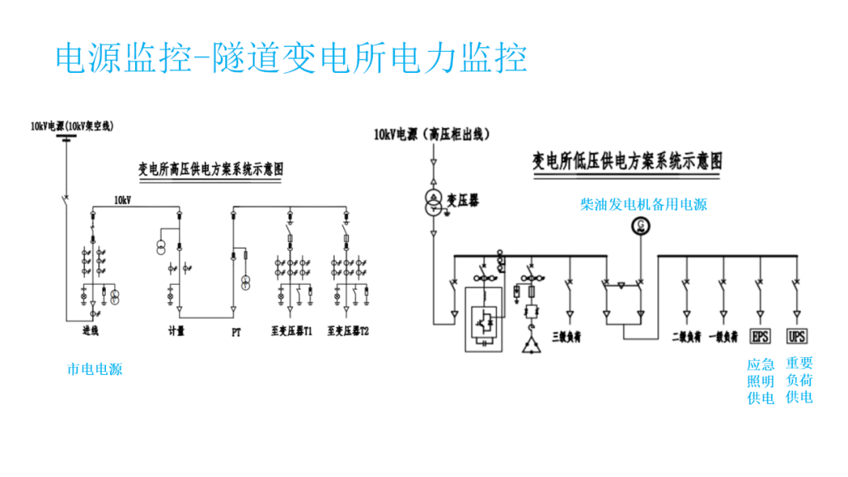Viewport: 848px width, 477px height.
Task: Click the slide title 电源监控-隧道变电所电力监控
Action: (x=291, y=58)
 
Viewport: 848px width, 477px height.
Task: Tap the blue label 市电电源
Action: (x=94, y=369)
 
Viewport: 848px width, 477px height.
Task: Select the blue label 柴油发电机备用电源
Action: (x=643, y=204)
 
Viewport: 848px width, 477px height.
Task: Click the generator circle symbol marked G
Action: (x=641, y=228)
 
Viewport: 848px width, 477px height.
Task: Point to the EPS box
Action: (x=760, y=337)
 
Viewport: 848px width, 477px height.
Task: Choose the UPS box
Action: (x=797, y=337)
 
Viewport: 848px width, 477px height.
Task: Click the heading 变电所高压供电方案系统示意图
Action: (x=211, y=169)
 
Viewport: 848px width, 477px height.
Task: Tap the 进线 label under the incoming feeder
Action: (x=91, y=332)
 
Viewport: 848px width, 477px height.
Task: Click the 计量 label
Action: (x=177, y=332)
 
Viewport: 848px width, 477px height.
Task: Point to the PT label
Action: (x=236, y=332)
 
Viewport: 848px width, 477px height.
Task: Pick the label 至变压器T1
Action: (x=292, y=332)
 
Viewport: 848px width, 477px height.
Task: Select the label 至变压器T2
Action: (x=348, y=332)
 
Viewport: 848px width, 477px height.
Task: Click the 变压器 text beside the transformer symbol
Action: (x=463, y=201)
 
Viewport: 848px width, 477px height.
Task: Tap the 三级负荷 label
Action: (x=566, y=337)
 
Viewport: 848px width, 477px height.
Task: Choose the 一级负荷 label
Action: (x=723, y=337)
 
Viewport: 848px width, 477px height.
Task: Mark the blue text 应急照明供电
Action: (x=760, y=381)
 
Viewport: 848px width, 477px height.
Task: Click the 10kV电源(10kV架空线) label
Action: (x=72, y=126)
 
